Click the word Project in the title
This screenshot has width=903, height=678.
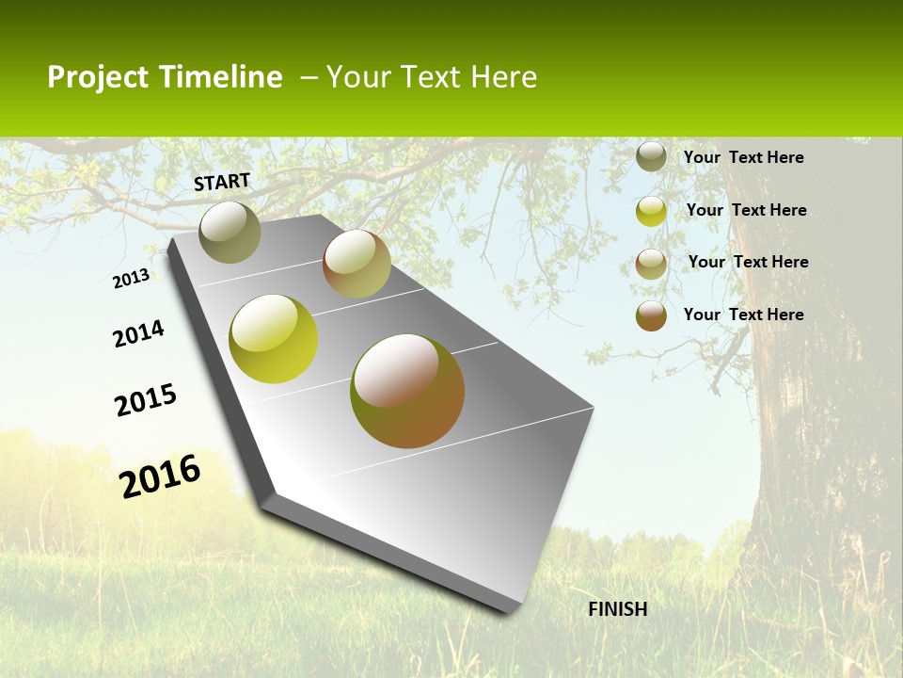(98, 77)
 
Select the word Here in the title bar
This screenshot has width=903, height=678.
(503, 77)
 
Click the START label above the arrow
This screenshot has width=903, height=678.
(222, 182)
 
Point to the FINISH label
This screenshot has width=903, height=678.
(618, 609)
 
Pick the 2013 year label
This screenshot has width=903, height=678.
(131, 279)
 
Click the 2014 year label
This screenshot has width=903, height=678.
(138, 333)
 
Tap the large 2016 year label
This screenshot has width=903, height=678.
(160, 476)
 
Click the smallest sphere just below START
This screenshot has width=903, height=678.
(230, 232)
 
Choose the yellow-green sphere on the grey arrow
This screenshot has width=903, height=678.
(274, 339)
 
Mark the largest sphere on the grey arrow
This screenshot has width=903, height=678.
(407, 391)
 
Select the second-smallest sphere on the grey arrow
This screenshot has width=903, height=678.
(356, 264)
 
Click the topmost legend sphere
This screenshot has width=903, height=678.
(651, 156)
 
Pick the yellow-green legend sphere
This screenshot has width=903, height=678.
(651, 211)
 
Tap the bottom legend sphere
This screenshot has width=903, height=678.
(651, 315)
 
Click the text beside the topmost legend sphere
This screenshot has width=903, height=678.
(743, 157)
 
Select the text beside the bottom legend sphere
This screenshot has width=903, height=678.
(743, 315)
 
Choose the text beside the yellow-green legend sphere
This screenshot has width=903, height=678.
(746, 210)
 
